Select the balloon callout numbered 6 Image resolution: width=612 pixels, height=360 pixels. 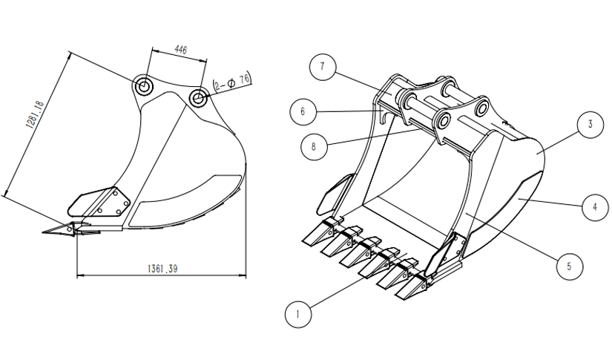[303, 112]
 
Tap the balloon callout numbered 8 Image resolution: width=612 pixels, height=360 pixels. [314, 146]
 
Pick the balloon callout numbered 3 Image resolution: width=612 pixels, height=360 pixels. [590, 125]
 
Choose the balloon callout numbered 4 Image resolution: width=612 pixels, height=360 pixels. [590, 207]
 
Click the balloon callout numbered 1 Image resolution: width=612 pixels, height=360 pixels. [298, 314]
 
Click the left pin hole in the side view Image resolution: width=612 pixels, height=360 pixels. [144, 86]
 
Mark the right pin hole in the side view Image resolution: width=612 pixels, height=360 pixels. [198, 97]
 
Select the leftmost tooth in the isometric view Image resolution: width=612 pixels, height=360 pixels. [313, 235]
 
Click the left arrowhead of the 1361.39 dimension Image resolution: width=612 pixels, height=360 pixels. [79, 275]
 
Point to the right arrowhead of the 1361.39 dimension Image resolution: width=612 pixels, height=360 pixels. [244, 275]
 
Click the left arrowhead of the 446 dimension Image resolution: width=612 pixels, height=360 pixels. [152, 51]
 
